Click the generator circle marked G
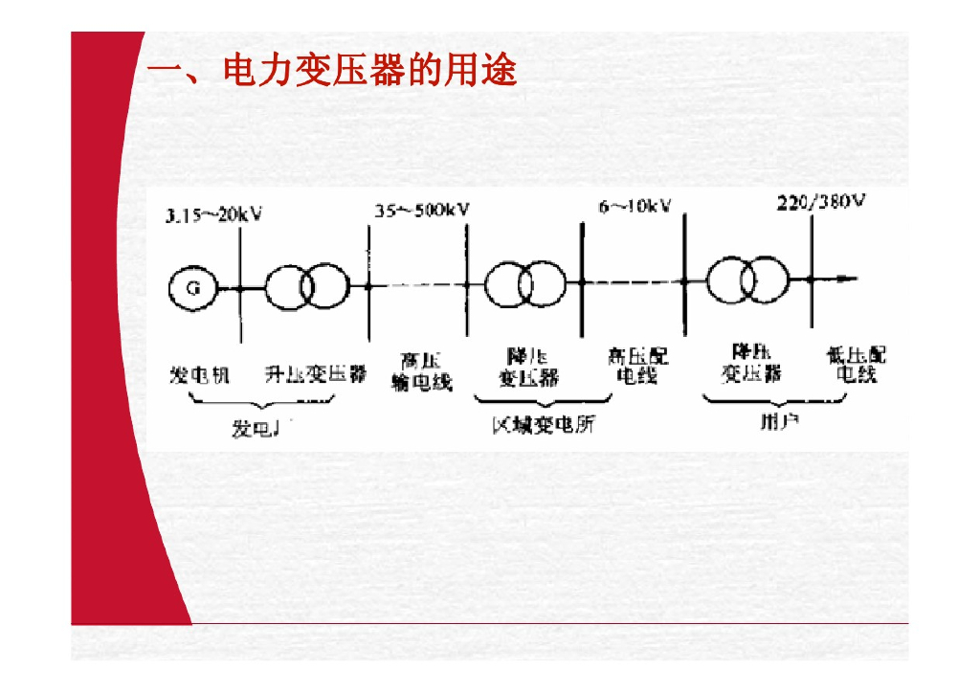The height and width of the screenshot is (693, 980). point(192,286)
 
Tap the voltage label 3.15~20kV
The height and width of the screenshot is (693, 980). point(213,214)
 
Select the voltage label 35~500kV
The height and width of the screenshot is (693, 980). point(421,210)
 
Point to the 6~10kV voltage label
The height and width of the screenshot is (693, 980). point(635,207)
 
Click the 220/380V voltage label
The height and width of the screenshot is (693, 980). point(820,203)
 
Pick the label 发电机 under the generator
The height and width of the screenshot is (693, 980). point(199,374)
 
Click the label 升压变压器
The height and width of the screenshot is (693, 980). point(315,374)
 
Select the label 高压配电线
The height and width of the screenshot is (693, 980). point(637,366)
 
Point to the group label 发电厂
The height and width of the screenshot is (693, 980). point(261,429)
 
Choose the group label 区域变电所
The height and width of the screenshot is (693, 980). point(543,424)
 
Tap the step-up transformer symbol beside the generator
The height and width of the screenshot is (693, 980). point(303,286)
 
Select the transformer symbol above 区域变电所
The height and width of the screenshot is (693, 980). point(523,283)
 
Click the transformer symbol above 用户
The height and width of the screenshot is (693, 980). point(747,279)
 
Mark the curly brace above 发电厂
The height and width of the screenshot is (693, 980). point(260,405)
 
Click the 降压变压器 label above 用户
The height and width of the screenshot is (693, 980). point(751,363)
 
